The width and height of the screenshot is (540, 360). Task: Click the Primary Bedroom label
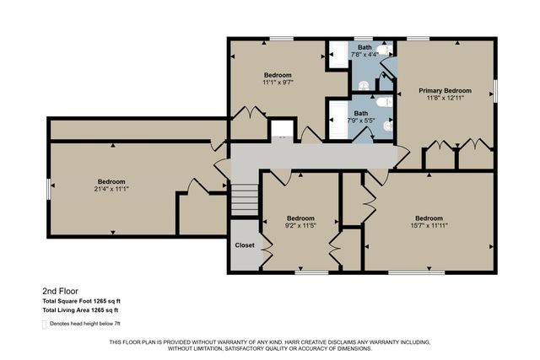[445, 90]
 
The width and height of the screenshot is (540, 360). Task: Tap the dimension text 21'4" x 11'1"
[111, 190]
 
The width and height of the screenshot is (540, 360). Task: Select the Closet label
[245, 245]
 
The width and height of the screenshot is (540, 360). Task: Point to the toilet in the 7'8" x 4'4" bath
[382, 51]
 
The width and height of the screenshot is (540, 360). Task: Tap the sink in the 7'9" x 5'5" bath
[387, 126]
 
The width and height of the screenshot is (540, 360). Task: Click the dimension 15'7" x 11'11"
[429, 225]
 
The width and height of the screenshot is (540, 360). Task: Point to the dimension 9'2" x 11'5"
[300, 225]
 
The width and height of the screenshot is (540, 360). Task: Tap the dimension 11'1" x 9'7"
[278, 83]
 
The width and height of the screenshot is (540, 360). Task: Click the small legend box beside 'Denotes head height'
[45, 323]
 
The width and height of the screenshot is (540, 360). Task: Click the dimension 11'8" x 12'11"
[445, 98]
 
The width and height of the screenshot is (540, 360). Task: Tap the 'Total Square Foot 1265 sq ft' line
[82, 301]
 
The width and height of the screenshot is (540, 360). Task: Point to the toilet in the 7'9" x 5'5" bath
[382, 102]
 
